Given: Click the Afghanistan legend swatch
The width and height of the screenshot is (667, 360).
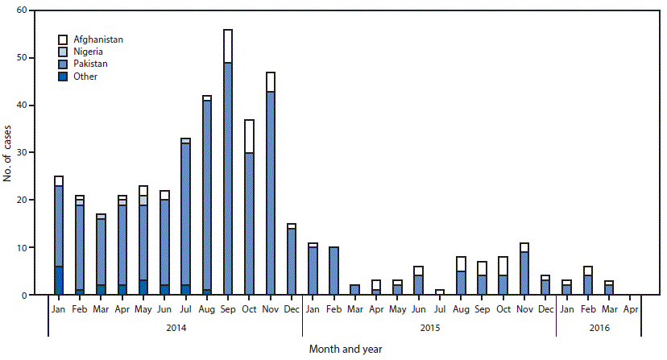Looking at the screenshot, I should click(63, 39).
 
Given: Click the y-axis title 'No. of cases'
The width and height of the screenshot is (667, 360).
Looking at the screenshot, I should click(8, 153).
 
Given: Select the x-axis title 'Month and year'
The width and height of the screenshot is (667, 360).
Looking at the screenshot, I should click(346, 350).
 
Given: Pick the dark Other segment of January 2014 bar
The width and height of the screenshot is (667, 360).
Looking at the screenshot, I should click(59, 281).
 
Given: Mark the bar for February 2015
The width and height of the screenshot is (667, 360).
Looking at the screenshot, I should click(333, 271).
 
